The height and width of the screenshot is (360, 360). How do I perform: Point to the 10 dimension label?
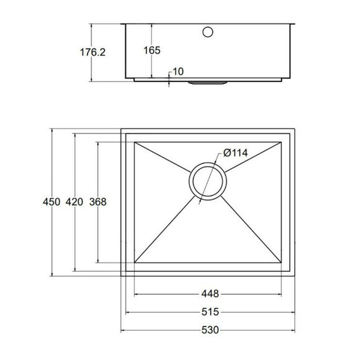pos(178,72)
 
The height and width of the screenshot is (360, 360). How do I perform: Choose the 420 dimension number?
pos(74,202)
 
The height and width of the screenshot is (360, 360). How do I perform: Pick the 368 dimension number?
pos(97,202)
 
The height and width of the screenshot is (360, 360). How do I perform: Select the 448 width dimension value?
pos(209,294)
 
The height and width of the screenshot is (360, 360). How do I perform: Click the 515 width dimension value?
pos(209,312)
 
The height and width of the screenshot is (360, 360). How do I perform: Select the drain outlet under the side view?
pos(208,81)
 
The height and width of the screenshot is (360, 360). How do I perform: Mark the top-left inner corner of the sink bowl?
pos(135,142)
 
